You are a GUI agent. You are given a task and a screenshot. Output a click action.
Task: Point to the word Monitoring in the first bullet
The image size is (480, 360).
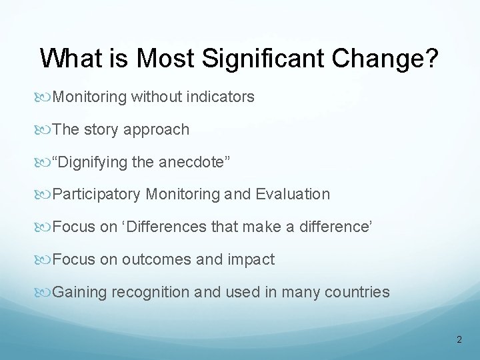coord(89,97)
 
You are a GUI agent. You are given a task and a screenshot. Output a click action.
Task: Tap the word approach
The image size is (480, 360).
coord(157,130)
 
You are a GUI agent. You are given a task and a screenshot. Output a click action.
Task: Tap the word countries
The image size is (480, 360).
coord(358,291)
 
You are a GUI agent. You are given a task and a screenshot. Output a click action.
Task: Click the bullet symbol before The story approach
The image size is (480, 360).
coord(45,130)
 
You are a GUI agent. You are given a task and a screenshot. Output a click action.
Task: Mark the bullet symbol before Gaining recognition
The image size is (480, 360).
coord(45,291)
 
